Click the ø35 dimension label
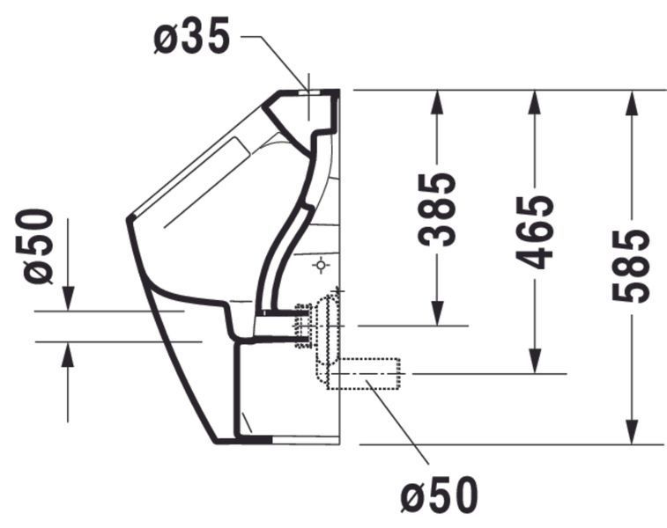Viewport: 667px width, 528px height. pyautogui.click(x=191, y=37)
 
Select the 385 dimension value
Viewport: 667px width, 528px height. pyautogui.click(x=437, y=209)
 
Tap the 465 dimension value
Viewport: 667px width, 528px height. pyautogui.click(x=534, y=232)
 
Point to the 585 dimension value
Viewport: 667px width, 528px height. pyautogui.click(x=631, y=266)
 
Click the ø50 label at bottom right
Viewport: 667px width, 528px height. pyautogui.click(x=440, y=495)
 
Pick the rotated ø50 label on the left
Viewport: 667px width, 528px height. pyautogui.click(x=39, y=246)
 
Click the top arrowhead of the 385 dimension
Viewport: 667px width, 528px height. pyautogui.click(x=437, y=102)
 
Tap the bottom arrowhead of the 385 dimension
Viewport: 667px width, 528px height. pyautogui.click(x=437, y=313)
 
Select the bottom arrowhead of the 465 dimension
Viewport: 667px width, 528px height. pyautogui.click(x=534, y=362)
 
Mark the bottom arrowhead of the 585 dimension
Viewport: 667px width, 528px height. pyautogui.click(x=631, y=432)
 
